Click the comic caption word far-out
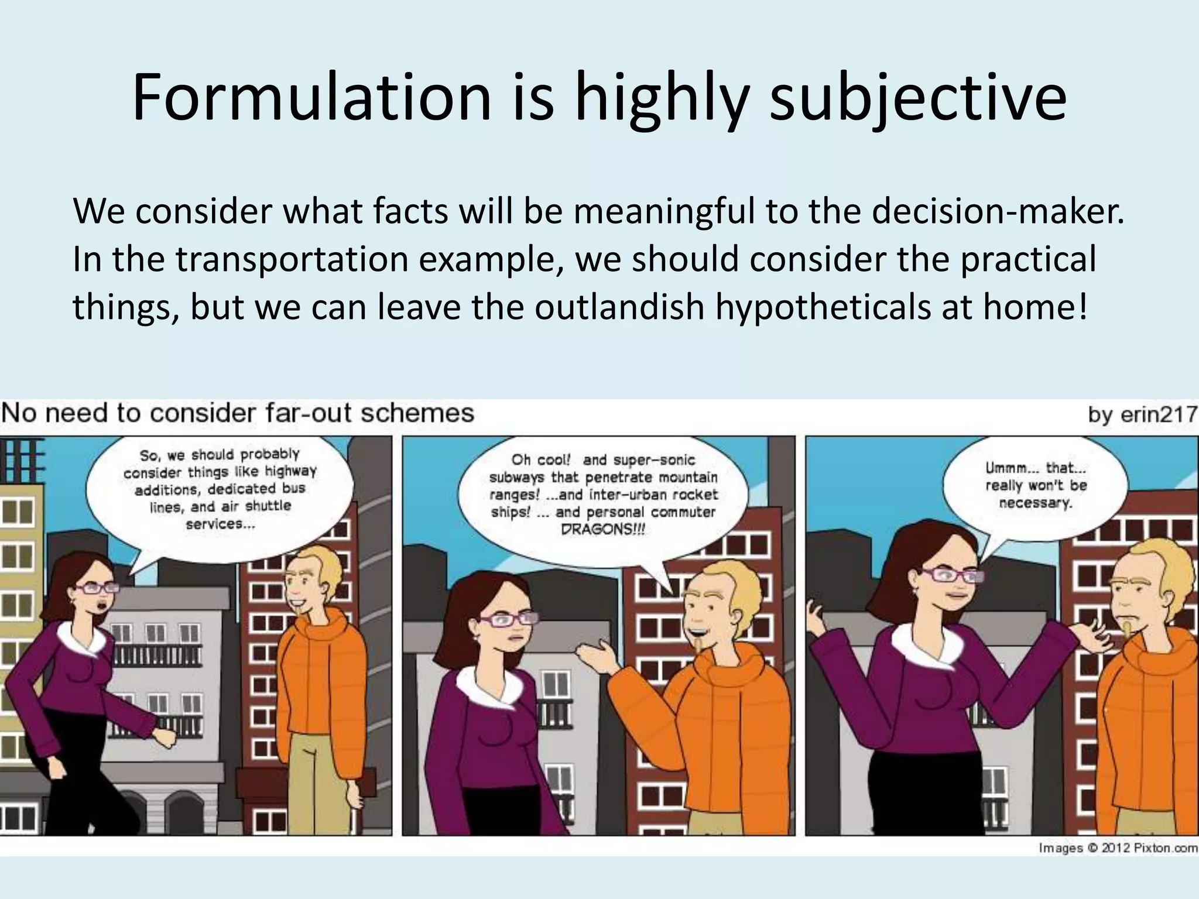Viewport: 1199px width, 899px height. [304, 413]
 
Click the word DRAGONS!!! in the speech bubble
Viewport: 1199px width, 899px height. [603, 529]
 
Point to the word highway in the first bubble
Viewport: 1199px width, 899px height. [291, 471]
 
